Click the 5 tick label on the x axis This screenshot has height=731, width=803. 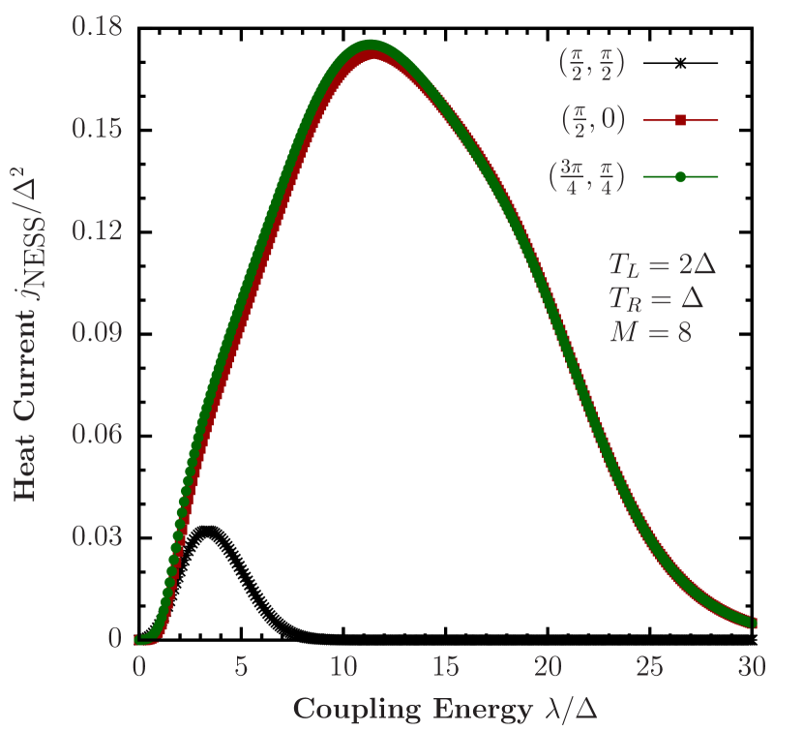tap(241, 666)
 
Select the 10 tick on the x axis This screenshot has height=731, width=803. tap(342, 666)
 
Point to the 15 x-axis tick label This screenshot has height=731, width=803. tap(445, 666)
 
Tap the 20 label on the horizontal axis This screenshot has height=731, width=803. tap(548, 666)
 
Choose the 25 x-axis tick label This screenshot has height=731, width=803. tap(650, 666)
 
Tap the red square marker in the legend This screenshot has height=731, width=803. tap(680, 120)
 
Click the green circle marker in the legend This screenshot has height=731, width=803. tap(680, 177)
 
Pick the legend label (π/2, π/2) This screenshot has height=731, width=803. tap(592, 64)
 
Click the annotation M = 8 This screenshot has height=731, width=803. tap(649, 332)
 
